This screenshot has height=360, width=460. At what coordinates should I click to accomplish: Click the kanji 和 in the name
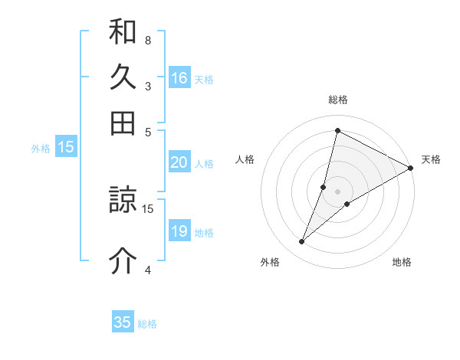point(123,33)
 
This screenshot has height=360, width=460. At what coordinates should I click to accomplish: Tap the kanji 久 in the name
point(123,77)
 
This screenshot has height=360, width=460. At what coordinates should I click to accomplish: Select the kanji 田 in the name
point(123,123)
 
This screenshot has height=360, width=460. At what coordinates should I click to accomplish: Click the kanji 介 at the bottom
point(123,261)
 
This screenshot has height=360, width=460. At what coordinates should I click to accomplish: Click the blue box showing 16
point(179,78)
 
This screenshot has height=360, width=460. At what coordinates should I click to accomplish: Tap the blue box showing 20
point(179,162)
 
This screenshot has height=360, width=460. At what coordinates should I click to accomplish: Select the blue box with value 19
point(179,231)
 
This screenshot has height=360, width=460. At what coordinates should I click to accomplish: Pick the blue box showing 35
point(123,322)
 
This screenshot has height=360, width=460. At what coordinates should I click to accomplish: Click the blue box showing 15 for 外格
point(66,148)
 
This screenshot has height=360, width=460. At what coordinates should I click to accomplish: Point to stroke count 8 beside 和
point(148,40)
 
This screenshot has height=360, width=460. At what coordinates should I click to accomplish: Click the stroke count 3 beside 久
point(148,86)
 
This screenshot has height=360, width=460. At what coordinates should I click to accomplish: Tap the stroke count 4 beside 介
point(148,269)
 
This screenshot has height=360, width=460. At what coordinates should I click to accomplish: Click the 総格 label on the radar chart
point(338,100)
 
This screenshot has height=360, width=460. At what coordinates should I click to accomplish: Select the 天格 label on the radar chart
point(431,159)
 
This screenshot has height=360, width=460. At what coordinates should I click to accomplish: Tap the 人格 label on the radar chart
point(245,159)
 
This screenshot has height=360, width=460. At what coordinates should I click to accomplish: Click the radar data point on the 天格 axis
point(411,168)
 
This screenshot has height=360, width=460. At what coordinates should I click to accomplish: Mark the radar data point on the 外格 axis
point(302,242)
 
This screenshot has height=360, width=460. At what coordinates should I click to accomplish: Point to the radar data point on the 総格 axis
point(337,130)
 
